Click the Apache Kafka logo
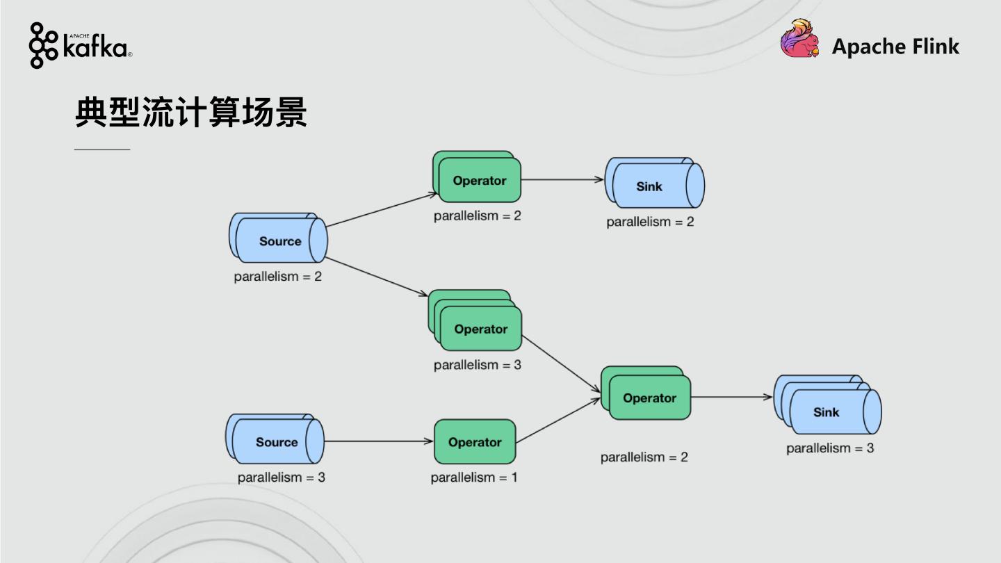(x=80, y=45)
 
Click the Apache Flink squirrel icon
(x=799, y=39)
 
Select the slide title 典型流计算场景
(x=191, y=113)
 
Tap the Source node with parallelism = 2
(x=279, y=240)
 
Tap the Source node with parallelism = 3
(x=276, y=441)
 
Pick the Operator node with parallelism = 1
(x=475, y=441)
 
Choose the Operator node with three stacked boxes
(x=480, y=328)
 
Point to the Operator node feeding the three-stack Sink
(x=649, y=398)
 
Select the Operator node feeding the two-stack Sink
(x=479, y=180)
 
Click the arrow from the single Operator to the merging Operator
(x=558, y=420)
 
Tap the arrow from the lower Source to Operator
(x=379, y=441)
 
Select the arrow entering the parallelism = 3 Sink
(x=732, y=398)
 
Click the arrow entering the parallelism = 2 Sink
(x=562, y=179)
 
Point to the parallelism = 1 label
(x=473, y=478)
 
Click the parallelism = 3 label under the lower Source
(x=281, y=478)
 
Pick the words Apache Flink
(x=895, y=47)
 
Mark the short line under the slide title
(x=102, y=149)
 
